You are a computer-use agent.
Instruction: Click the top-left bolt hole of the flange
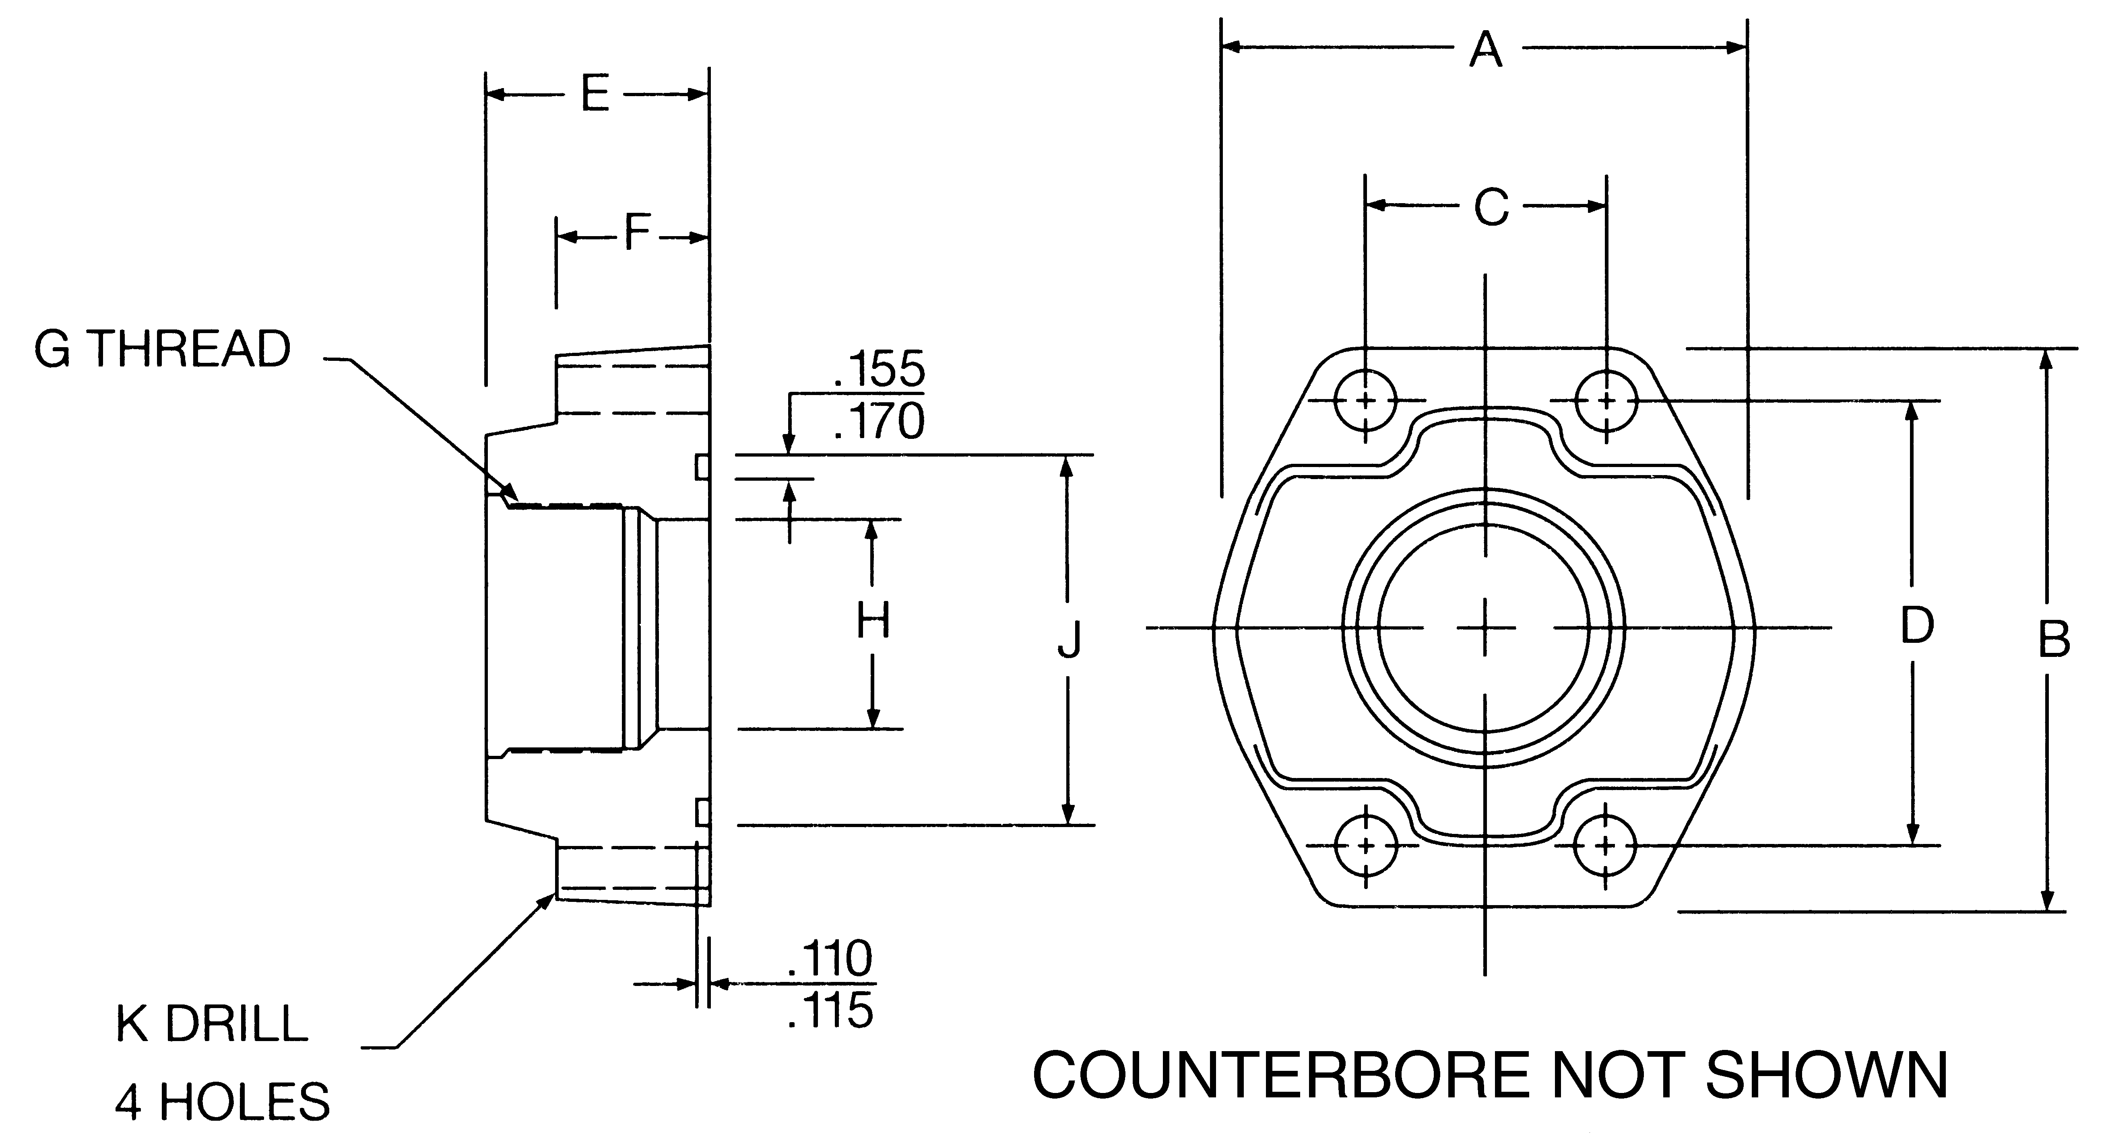click(x=1365, y=401)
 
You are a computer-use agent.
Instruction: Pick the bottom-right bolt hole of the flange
click(x=1605, y=845)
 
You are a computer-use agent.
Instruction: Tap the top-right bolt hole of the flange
click(x=1606, y=401)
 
